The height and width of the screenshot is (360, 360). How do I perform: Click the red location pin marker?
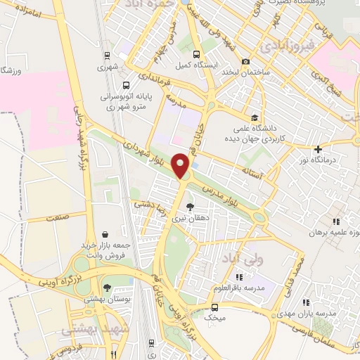pyautogui.click(x=181, y=166)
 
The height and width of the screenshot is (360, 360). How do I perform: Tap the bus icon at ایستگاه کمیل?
pyautogui.click(x=197, y=54)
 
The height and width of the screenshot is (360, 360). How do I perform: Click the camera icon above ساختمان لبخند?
pyautogui.click(x=245, y=62)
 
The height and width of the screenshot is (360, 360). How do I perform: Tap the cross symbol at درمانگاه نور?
pyautogui.click(x=319, y=149)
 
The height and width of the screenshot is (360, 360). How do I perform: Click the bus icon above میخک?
pyautogui.click(x=214, y=307)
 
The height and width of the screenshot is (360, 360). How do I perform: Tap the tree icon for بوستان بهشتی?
pyautogui.click(x=107, y=287)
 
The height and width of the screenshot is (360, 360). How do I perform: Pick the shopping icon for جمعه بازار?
pyautogui.click(x=105, y=235)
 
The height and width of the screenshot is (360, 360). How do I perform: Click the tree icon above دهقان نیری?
pyautogui.click(x=190, y=207)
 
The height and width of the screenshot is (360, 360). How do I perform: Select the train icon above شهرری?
pyautogui.click(x=106, y=56)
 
